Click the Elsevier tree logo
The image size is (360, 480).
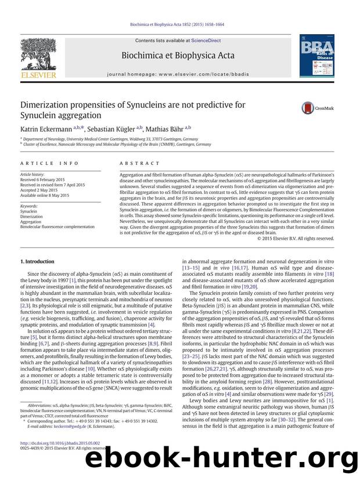(x=35, y=56)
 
